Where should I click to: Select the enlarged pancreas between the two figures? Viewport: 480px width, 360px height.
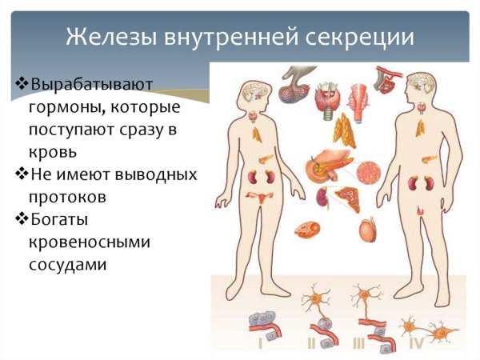pos(328,169)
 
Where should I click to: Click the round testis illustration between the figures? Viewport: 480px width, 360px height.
pos(369,230)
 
